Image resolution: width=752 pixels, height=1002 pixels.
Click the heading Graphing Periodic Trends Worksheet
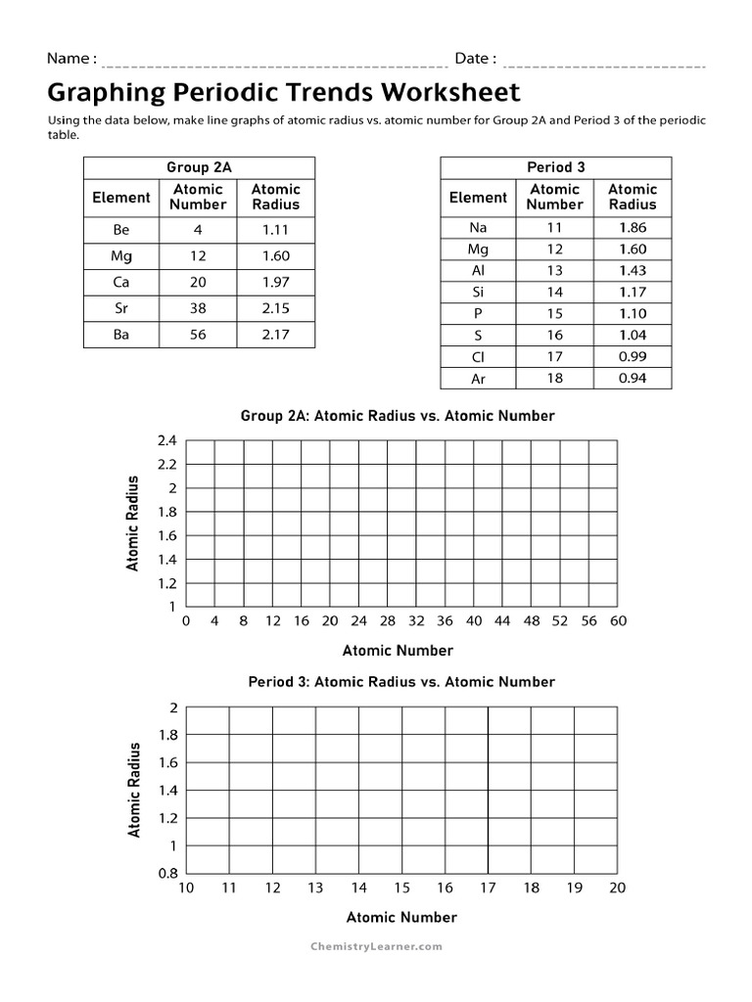(x=284, y=93)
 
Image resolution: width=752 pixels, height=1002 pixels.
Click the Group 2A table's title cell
(x=199, y=167)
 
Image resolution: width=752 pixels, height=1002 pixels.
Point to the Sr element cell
(x=121, y=309)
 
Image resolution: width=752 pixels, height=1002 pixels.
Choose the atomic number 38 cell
(x=198, y=309)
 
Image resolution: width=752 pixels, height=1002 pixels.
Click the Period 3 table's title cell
(x=556, y=167)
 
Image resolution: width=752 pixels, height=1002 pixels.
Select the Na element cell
(x=478, y=228)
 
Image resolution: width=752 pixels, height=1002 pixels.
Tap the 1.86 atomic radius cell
(x=633, y=228)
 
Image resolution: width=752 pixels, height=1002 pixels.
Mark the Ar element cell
(x=478, y=379)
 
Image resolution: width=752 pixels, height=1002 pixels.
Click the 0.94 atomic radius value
(x=633, y=379)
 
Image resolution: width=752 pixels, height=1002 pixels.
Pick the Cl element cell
(x=478, y=357)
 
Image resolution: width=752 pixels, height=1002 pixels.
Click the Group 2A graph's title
(x=398, y=416)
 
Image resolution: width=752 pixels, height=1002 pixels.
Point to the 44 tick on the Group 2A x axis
(x=502, y=620)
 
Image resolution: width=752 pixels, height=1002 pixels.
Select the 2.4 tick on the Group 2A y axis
(x=166, y=441)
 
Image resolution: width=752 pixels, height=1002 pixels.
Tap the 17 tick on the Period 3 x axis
(x=488, y=888)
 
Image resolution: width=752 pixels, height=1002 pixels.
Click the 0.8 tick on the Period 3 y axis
(x=168, y=874)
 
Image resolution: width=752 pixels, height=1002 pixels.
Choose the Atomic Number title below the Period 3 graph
(x=401, y=917)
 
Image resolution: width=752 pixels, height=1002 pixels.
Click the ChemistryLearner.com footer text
(x=376, y=946)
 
